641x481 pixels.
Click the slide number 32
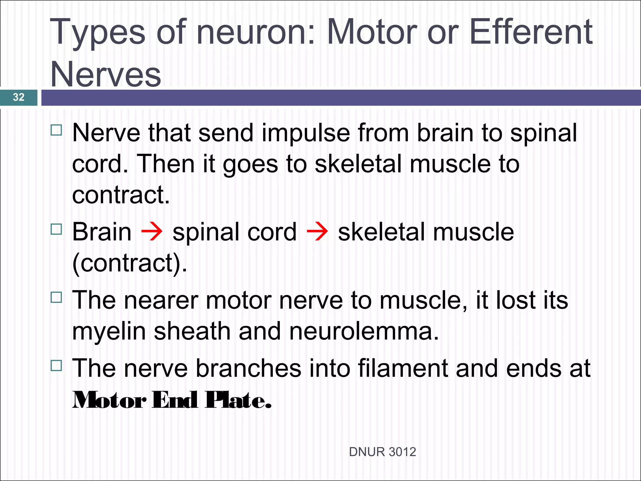[x=18, y=97]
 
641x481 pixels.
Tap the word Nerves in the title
[x=105, y=74]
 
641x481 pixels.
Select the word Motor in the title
[x=372, y=32]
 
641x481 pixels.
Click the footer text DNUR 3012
[x=382, y=452]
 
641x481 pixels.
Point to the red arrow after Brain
[x=152, y=232]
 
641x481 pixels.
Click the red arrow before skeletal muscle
[x=317, y=232]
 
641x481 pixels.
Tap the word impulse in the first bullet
[x=305, y=133]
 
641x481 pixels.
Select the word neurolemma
[x=364, y=331]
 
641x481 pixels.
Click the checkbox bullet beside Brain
[x=56, y=229]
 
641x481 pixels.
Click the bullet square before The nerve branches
[x=56, y=365]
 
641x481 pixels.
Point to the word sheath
[x=192, y=331]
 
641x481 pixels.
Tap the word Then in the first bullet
[x=166, y=164]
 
